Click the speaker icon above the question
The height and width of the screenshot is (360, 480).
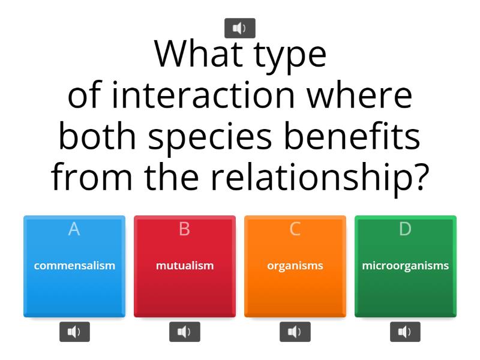click(239, 28)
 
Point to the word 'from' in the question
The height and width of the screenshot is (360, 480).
click(92, 178)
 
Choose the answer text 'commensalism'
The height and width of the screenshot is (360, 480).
click(74, 265)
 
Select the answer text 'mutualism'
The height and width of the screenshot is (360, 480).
click(185, 265)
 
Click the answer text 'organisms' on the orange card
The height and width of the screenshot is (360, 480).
click(295, 265)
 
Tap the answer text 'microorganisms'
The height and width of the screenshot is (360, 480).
click(406, 265)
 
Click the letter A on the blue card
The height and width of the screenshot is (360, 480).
click(74, 229)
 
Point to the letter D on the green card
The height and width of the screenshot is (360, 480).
click(406, 229)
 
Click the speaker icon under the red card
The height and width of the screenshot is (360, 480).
click(185, 332)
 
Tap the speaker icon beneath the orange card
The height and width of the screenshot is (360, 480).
click(295, 332)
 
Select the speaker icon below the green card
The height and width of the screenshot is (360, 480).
click(406, 332)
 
